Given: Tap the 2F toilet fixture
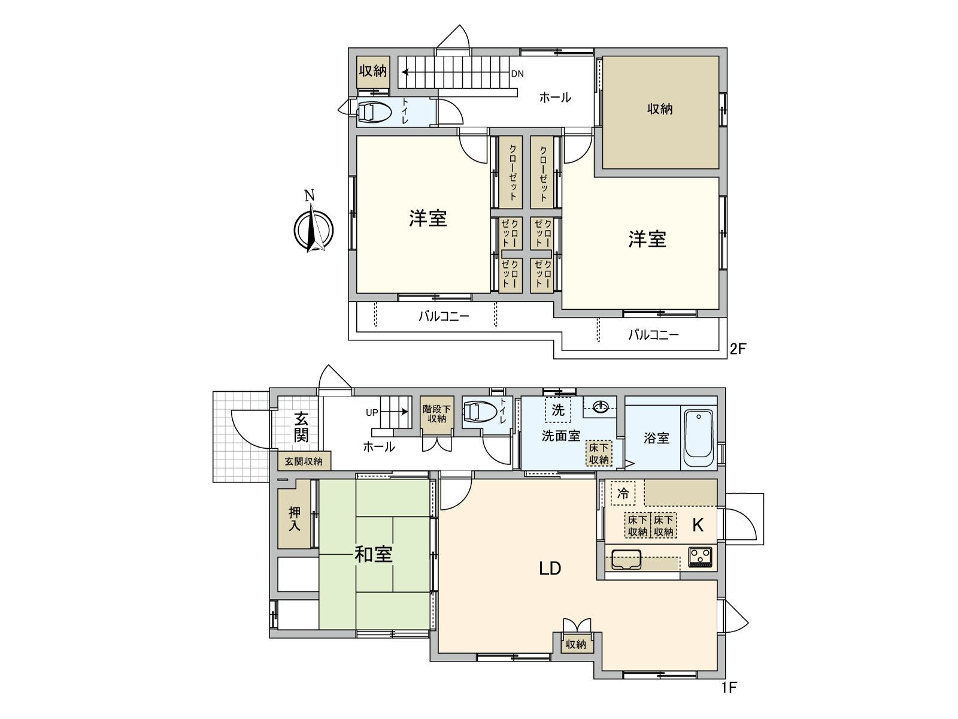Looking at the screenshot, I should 374,112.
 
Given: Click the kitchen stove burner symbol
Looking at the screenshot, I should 700,557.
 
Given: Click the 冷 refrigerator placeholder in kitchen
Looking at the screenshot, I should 623,494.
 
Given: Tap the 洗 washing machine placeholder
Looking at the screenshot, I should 558,410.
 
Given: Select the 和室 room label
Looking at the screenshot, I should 374,554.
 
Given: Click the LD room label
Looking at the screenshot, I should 550,568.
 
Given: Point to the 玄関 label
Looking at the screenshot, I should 301,427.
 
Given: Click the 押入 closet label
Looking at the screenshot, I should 295,519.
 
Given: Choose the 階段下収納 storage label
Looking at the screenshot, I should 436,413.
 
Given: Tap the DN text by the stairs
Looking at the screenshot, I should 517,74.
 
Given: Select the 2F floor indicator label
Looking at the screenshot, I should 738,349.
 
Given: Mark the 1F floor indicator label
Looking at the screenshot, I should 729,687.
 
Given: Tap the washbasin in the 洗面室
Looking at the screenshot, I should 601,407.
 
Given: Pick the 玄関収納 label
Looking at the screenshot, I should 304,461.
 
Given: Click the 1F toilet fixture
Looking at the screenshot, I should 479,412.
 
